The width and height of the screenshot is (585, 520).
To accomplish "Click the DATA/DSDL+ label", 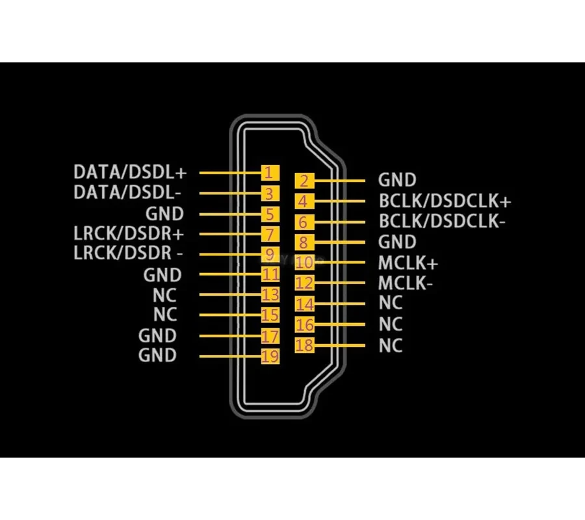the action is click(x=129, y=173).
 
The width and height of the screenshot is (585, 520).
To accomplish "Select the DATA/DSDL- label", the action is click(x=127, y=193).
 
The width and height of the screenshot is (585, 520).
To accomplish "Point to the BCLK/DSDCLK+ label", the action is click(x=445, y=201).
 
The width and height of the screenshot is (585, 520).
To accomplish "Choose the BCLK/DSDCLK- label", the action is click(x=442, y=221).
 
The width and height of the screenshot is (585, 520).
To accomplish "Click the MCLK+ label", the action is click(x=408, y=263).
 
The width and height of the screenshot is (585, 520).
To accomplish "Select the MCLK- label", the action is click(x=406, y=283).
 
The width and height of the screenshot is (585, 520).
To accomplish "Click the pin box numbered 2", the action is click(x=304, y=181).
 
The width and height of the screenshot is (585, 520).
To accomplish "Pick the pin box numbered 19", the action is click(x=270, y=356).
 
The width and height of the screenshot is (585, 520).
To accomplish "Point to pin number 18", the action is click(x=304, y=345).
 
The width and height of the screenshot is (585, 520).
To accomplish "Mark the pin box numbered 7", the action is click(x=270, y=234).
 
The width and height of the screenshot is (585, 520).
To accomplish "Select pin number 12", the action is click(x=304, y=283).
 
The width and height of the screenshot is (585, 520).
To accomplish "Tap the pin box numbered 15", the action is click(x=270, y=316).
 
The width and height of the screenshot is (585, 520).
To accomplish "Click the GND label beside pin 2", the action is click(x=397, y=180).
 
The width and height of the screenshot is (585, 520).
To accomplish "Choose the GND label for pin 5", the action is click(x=164, y=214).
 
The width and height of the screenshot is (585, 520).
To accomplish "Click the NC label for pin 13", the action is click(x=165, y=294).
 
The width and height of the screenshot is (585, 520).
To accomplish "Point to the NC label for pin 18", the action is click(x=391, y=345).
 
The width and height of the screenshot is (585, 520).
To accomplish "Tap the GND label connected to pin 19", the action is click(x=157, y=356).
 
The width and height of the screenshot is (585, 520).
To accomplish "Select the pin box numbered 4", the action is click(x=304, y=201).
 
